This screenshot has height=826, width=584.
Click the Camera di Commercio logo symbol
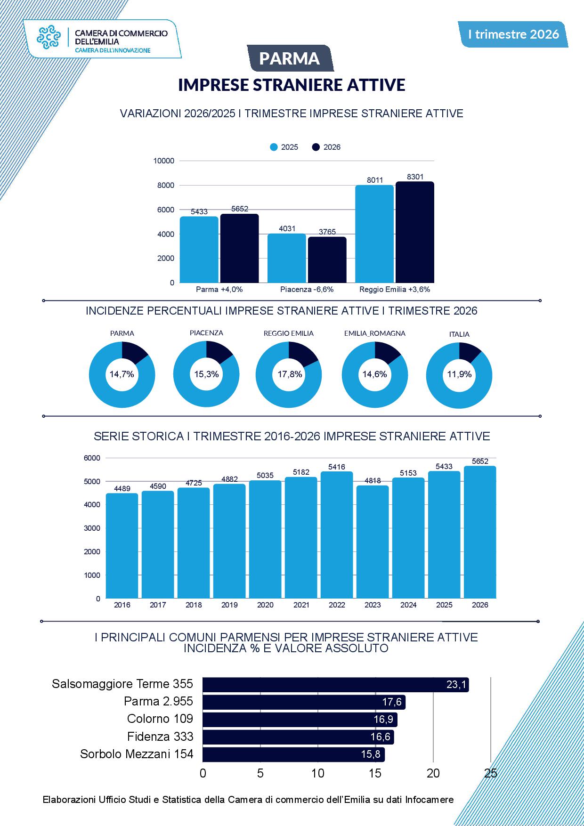[49, 37]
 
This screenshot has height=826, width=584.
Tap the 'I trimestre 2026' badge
[513, 34]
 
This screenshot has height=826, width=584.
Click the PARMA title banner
[290, 58]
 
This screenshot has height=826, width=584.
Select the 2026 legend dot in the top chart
[316, 147]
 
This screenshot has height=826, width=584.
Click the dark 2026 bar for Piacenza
[327, 259]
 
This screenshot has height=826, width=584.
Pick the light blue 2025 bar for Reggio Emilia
[374, 234]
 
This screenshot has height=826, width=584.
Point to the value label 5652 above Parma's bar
[240, 209]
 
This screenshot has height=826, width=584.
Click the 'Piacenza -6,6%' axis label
[307, 289]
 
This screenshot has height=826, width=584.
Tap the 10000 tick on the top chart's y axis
[163, 161]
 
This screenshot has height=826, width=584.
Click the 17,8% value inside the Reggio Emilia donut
[290, 374]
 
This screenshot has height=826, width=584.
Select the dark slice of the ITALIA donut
[470, 352]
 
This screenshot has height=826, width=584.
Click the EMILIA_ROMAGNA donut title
[375, 333]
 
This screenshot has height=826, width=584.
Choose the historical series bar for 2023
[373, 542]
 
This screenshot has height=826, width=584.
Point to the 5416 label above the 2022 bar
[337, 467]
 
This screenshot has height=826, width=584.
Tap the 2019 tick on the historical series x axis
[229, 605]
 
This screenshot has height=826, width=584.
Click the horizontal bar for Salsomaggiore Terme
[336, 685]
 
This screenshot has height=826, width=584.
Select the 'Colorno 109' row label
[160, 719]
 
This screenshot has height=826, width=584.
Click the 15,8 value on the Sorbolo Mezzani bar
[371, 754]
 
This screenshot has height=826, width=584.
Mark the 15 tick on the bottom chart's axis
[375, 773]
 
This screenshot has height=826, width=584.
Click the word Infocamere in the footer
[430, 800]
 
